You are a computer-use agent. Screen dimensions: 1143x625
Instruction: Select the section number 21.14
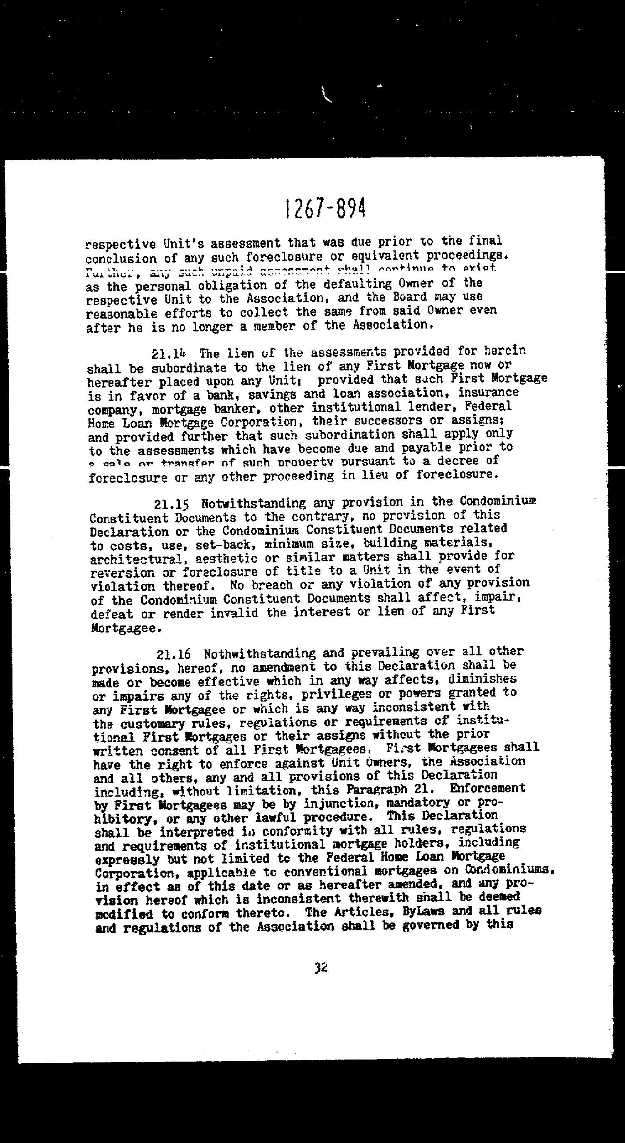(x=169, y=355)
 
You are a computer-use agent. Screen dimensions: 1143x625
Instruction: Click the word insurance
(x=488, y=392)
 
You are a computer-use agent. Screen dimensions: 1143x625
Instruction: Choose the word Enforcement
(x=487, y=788)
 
